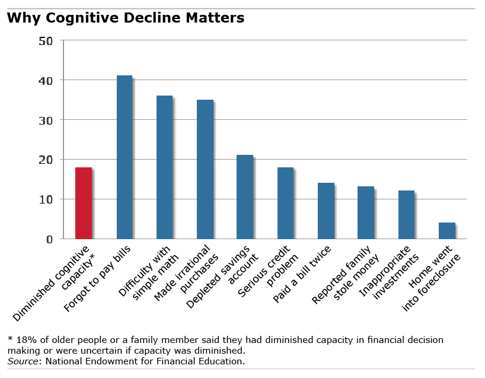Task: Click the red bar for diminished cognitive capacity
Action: [84, 203]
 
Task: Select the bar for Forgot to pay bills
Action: [124, 157]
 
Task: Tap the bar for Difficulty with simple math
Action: [164, 167]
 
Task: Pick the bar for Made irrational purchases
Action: [205, 169]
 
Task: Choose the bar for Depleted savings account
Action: [245, 197]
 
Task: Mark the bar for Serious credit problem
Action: [285, 203]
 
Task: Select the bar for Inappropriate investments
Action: [406, 215]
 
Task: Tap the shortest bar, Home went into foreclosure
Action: [446, 231]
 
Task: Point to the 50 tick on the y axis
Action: [46, 41]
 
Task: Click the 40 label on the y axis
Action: [46, 80]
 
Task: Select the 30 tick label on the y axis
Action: [46, 120]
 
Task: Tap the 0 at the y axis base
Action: [50, 239]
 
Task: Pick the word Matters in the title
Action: [216, 18]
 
